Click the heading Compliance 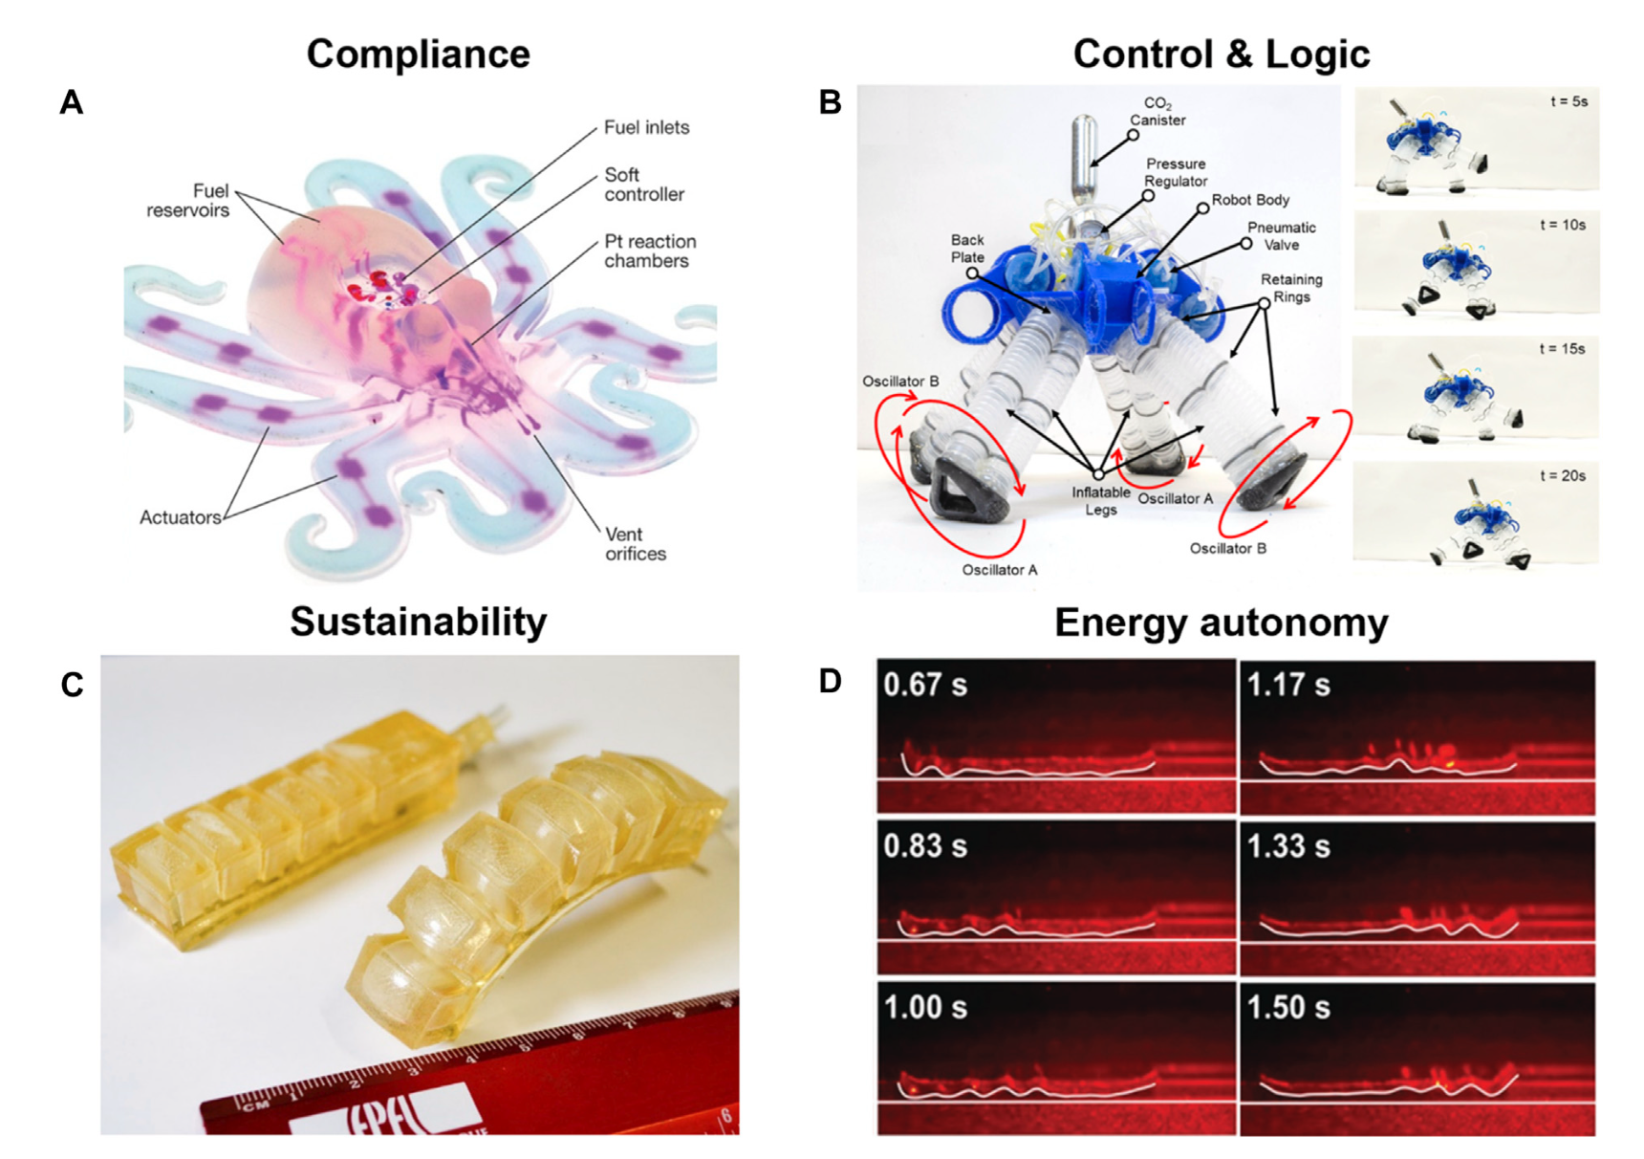tap(418, 54)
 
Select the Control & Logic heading tap(1221, 54)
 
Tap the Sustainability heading tap(418, 622)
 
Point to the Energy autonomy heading tap(1221, 623)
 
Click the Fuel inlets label tap(646, 127)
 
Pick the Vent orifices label tap(635, 544)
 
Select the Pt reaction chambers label tap(649, 251)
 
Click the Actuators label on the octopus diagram tap(180, 517)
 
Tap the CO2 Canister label tap(1157, 112)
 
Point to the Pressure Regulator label tap(1176, 172)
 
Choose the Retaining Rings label tap(1290, 288)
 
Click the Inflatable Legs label tap(1100, 501)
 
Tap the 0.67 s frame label tap(924, 685)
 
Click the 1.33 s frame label tap(1287, 846)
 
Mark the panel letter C tap(72, 685)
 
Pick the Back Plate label tap(966, 249)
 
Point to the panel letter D tap(830, 681)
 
